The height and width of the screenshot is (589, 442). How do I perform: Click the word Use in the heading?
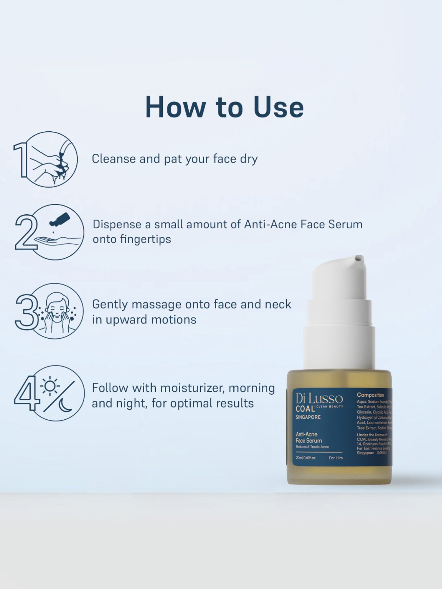coord(278,107)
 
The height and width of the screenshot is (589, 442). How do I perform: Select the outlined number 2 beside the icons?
coord(26,232)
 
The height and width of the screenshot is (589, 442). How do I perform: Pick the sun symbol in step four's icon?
coord(50,386)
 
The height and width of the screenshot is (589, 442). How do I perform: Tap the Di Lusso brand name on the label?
coord(319,399)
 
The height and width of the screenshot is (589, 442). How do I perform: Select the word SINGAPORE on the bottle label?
coord(308,417)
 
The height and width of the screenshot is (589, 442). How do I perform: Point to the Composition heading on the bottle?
coord(370,395)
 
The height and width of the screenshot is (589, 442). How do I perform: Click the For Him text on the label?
coord(336,458)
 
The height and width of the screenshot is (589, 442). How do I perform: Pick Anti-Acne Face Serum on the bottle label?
coord(309,438)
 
